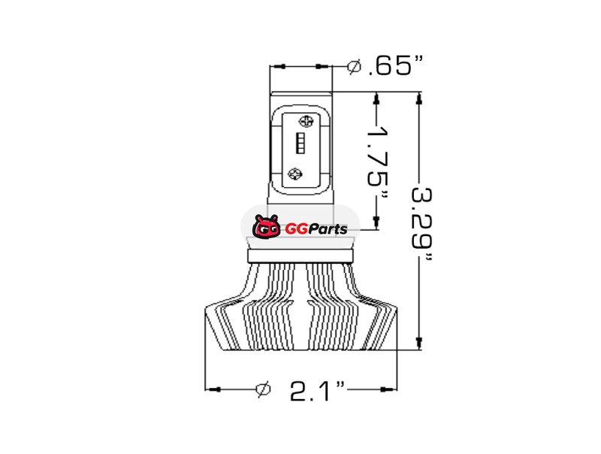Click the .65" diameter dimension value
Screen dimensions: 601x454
click(x=396, y=65)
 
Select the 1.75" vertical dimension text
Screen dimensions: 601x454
click(x=378, y=162)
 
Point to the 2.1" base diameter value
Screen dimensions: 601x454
click(x=317, y=390)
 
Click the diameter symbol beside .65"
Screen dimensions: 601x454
click(x=354, y=67)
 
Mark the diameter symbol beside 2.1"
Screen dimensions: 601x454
click(x=264, y=389)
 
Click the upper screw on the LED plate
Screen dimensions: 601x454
click(x=306, y=121)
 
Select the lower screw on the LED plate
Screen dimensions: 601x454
click(x=294, y=174)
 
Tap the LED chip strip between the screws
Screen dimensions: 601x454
click(x=300, y=144)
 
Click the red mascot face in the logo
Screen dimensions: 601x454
click(x=266, y=227)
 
